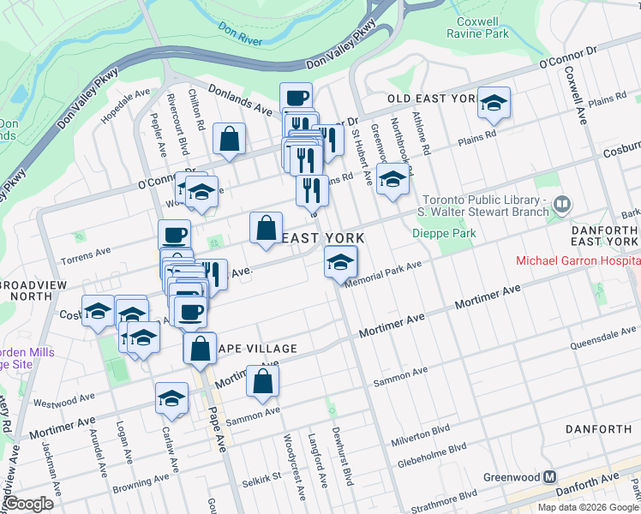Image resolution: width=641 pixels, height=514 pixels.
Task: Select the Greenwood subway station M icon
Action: [551, 478]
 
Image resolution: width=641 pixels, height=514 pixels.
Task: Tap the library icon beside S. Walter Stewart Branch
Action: [562, 204]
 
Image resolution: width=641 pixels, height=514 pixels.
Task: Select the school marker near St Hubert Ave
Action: [392, 179]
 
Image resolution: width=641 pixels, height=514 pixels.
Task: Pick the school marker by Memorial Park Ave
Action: [340, 261]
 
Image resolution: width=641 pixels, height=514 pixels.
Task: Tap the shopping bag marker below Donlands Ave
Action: [229, 139]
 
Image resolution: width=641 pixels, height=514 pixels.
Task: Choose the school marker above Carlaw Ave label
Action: [171, 398]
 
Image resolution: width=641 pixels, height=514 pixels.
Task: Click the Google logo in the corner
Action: [27, 504]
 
